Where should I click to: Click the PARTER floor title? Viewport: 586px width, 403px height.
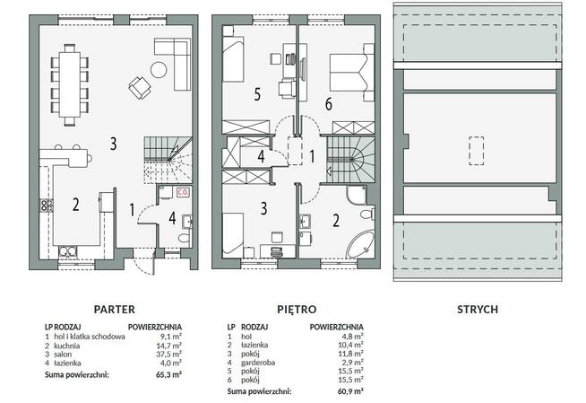[115, 310]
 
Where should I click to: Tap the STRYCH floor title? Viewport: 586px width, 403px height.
[478, 310]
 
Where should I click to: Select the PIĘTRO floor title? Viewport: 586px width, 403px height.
[297, 310]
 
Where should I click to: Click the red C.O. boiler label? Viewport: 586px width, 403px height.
[183, 192]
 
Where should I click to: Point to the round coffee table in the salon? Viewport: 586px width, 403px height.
[159, 69]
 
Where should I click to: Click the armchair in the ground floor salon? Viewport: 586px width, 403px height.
[140, 88]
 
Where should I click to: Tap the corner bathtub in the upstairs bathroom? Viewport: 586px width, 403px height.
[360, 245]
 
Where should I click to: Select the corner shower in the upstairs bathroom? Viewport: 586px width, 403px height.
[357, 196]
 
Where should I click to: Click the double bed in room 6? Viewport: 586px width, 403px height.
[351, 73]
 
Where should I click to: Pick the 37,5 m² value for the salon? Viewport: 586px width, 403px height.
[169, 354]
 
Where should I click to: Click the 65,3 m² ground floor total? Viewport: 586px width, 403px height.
[169, 374]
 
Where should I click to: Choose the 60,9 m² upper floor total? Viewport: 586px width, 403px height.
[350, 391]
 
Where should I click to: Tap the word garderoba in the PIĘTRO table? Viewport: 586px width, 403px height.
[258, 363]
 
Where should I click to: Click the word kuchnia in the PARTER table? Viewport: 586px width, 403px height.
[67, 346]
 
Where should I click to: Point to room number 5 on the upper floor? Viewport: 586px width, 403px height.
[257, 94]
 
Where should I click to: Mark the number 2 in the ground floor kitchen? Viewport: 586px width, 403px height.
[76, 205]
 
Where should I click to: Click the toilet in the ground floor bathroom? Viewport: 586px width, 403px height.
[184, 238]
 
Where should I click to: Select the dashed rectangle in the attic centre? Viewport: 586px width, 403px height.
[477, 151]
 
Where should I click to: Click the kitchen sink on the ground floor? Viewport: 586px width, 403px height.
[67, 251]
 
